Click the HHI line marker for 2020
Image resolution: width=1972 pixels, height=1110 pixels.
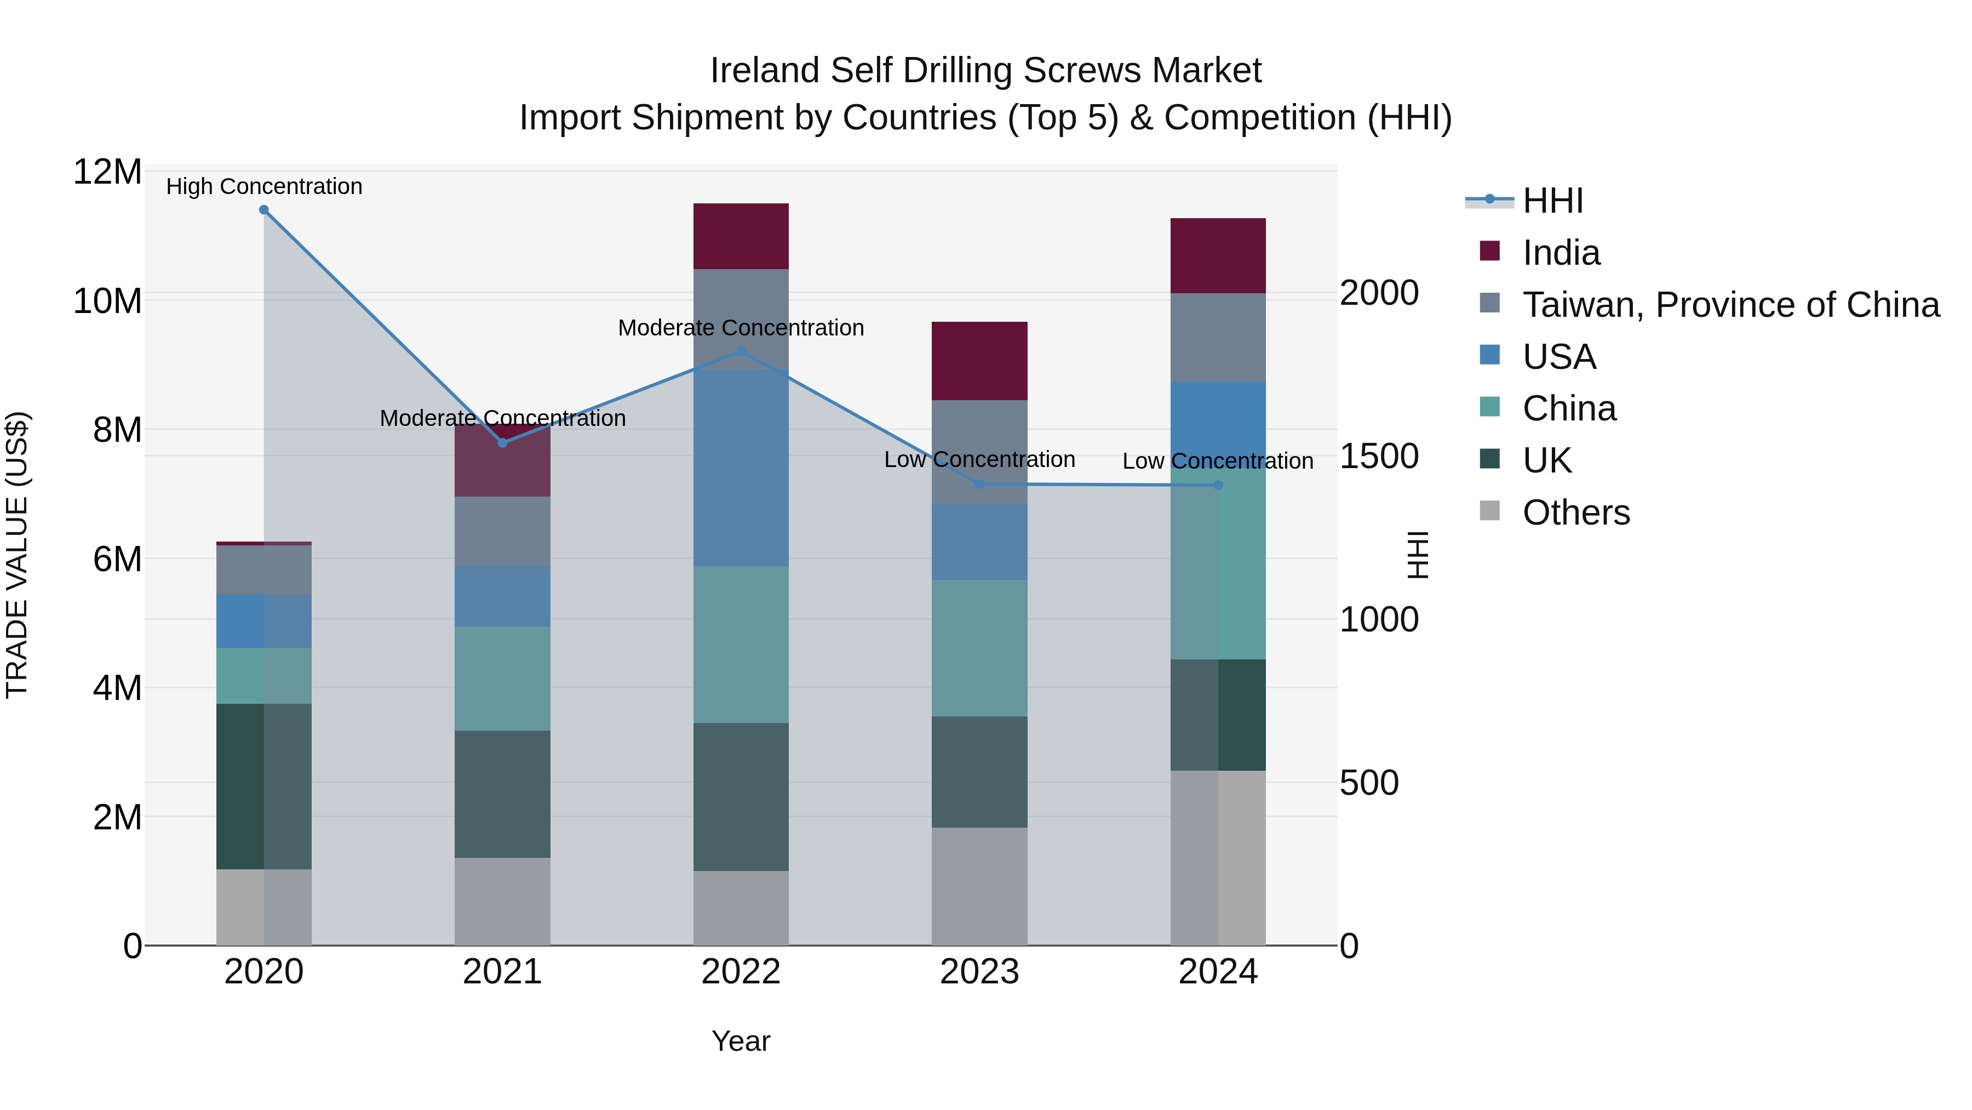263,210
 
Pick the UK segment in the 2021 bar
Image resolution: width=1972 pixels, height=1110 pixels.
502,794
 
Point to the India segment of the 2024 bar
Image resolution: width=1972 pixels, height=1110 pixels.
1217,255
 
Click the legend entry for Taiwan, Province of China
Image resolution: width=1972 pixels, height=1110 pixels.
1730,305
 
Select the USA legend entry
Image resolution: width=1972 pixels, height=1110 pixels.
1558,357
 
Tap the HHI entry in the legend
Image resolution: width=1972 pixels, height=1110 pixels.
1552,201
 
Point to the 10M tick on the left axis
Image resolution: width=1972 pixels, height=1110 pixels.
107,301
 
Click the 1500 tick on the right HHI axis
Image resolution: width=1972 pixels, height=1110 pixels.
1379,457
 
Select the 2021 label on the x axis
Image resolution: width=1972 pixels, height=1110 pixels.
502,972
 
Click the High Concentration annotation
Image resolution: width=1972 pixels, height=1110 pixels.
264,186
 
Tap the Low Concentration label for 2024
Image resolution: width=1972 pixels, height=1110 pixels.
1217,461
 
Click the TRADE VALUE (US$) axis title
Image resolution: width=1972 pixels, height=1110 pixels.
17,555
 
